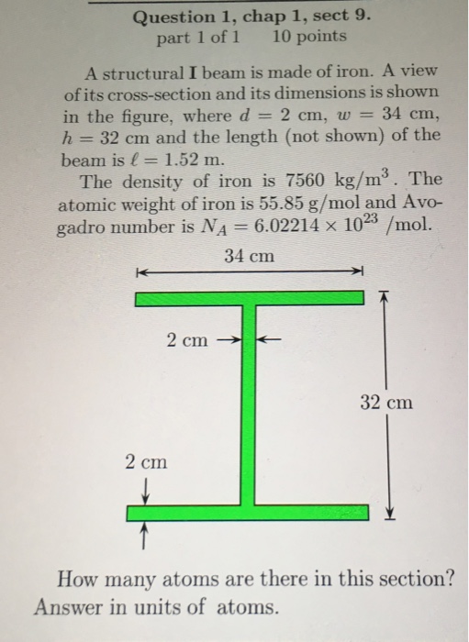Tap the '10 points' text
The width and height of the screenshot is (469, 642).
(310, 37)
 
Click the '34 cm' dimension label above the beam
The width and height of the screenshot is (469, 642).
(249, 257)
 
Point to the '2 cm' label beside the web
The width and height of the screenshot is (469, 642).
(187, 340)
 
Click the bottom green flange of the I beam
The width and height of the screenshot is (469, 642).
(248, 511)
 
